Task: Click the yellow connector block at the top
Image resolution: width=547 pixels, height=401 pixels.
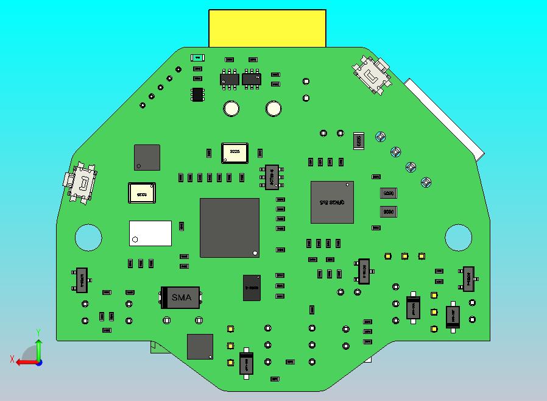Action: coord(267,28)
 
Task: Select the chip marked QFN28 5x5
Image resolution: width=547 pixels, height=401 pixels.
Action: coord(332,202)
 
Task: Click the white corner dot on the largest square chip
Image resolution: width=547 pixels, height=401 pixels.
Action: coord(255,252)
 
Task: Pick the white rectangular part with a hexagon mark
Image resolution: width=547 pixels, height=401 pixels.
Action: coord(150,233)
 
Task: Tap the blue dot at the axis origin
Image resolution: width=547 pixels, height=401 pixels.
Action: coord(38,362)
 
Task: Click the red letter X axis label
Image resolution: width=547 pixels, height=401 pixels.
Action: coord(12,359)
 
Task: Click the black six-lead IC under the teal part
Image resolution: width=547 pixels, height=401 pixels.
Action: coord(197,94)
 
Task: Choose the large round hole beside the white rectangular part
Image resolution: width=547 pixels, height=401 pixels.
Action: coord(88,237)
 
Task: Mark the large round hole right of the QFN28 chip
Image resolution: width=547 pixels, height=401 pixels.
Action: coord(458,238)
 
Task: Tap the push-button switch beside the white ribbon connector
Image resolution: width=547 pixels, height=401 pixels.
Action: coord(373,75)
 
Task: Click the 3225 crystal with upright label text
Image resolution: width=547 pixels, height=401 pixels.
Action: coord(235,153)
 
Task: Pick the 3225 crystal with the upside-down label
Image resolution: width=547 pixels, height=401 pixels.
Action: coord(141,193)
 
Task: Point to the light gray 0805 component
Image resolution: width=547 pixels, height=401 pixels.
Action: coord(359,141)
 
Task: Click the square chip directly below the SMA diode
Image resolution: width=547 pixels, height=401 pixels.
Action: coord(200,346)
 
